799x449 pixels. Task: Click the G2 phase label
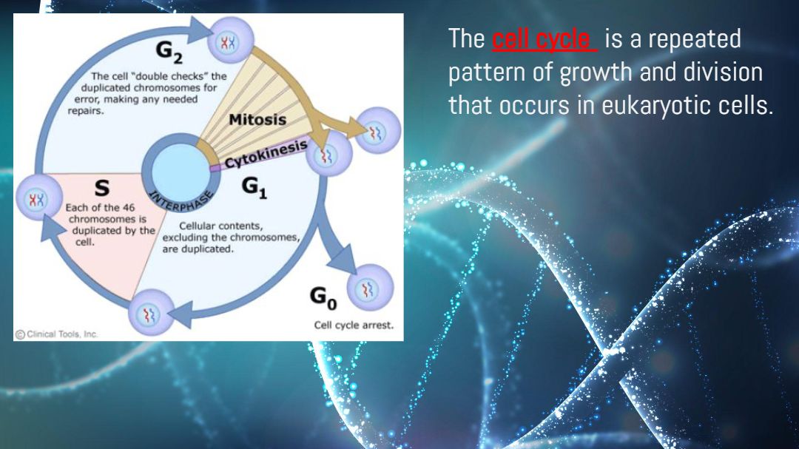[169, 53]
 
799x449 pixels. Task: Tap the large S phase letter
[102, 188]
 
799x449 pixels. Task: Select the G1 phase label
[254, 188]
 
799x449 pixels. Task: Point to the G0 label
[323, 298]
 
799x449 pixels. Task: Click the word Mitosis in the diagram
[257, 120]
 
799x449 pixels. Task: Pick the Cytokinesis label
[266, 154]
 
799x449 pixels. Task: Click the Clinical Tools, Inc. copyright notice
[56, 334]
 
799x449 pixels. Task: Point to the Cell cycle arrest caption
[354, 325]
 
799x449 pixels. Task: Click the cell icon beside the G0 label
[371, 288]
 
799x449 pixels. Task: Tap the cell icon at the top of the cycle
[231, 40]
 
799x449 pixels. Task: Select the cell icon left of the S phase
[39, 198]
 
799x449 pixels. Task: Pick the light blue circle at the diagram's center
[181, 169]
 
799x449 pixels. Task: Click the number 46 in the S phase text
[129, 207]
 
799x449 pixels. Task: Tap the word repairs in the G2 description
[86, 111]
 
